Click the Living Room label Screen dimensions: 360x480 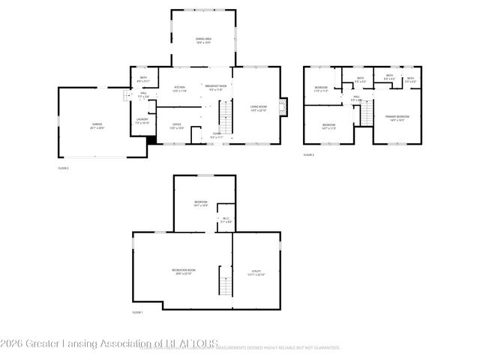coord(259,109)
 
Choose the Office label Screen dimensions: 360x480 coord(176,126)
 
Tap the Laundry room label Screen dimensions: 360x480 coord(142,121)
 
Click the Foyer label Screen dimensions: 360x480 coord(216,136)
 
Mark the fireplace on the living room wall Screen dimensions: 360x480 coord(283,107)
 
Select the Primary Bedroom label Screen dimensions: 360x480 coord(397,118)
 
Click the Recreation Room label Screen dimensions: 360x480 coord(183,271)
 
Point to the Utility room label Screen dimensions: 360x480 coord(256,271)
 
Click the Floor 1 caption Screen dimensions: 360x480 coord(137,312)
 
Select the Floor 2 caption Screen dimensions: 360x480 coord(63,169)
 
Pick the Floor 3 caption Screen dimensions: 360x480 coord(309,154)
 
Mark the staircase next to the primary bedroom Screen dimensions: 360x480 coord(367,112)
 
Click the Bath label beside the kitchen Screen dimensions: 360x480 coord(143,79)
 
